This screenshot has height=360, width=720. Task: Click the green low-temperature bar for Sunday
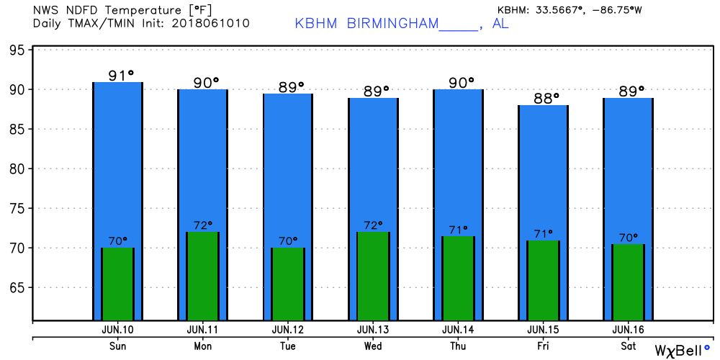tap(117, 284)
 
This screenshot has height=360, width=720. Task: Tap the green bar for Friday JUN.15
tap(543, 280)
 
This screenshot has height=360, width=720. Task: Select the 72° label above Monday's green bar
tap(203, 225)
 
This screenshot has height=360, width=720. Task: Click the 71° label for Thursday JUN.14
tap(459, 230)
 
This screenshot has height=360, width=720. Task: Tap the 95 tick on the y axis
tap(17, 50)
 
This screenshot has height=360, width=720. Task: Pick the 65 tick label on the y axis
tap(17, 288)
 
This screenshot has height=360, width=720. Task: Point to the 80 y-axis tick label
tap(17, 169)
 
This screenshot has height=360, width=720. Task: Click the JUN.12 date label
tap(288, 330)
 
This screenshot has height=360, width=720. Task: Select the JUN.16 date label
tap(627, 330)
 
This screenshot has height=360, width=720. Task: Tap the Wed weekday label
tap(373, 345)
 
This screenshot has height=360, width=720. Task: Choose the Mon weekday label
tap(203, 345)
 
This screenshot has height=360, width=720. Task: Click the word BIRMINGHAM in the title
tap(392, 24)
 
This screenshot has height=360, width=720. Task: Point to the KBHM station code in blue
tap(317, 24)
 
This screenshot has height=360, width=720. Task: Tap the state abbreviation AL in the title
tap(500, 24)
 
